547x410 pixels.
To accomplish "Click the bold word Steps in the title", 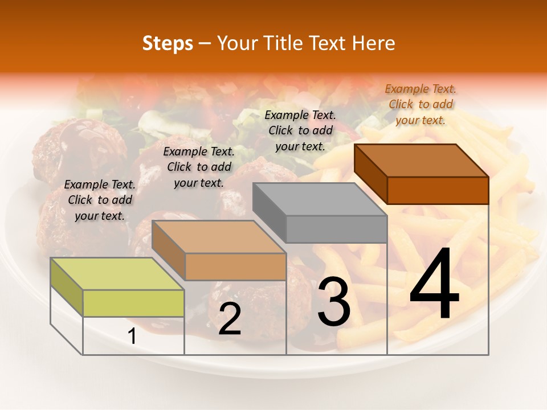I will pyautogui.click(x=168, y=43).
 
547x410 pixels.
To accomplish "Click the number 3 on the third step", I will pyautogui.click(x=334, y=301).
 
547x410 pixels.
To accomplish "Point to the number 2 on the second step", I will pyautogui.click(x=230, y=319).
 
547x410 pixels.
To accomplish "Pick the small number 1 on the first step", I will pyautogui.click(x=132, y=337).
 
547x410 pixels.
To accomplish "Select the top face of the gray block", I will pyautogui.click(x=320, y=199).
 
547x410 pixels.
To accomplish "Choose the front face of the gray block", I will pyautogui.click(x=337, y=229).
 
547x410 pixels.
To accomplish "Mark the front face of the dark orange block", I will pyautogui.click(x=438, y=190).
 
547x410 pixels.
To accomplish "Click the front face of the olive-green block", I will pyautogui.click(x=133, y=303).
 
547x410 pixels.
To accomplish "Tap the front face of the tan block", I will pyautogui.click(x=235, y=266).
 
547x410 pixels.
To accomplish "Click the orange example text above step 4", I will pyautogui.click(x=421, y=104).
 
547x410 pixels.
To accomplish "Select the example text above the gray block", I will pyautogui.click(x=300, y=130).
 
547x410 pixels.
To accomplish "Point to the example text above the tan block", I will pyautogui.click(x=199, y=167).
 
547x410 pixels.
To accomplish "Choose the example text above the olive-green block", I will pyautogui.click(x=100, y=200).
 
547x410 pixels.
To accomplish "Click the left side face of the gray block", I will pyautogui.click(x=269, y=212).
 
